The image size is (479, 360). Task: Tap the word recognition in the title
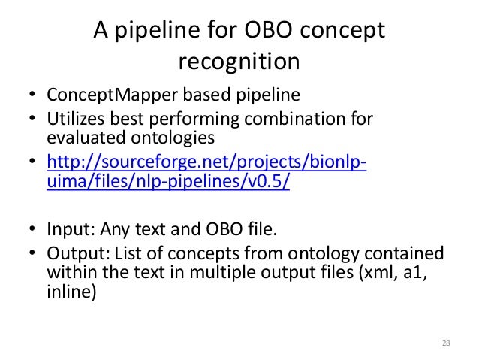pyautogui.click(x=239, y=63)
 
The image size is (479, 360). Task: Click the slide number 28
pyautogui.click(x=445, y=343)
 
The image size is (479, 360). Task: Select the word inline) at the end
pyautogui.click(x=71, y=291)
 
